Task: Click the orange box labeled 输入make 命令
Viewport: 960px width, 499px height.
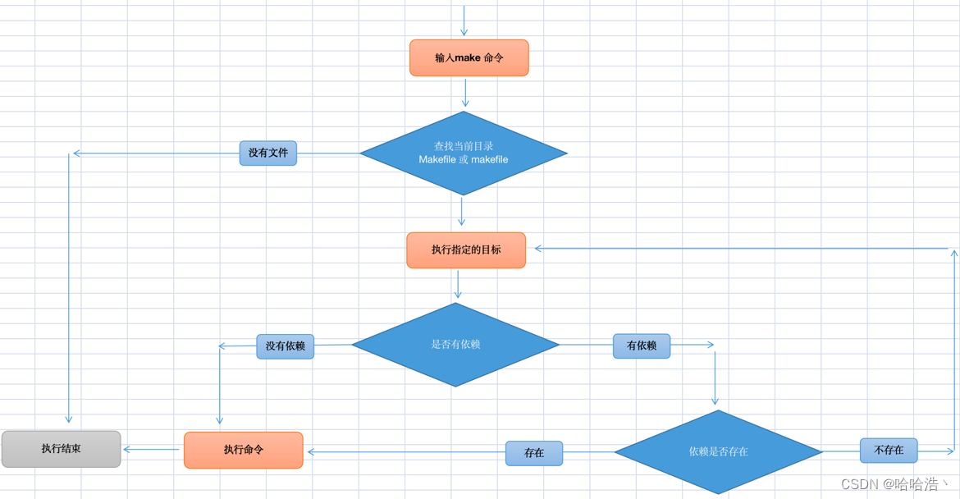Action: tap(469, 58)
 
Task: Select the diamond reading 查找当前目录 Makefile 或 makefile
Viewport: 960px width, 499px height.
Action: tap(464, 153)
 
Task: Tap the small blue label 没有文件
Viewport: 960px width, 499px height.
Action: tap(268, 153)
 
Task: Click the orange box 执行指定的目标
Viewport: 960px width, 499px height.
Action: tap(466, 249)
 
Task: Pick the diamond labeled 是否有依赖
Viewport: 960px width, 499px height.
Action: tap(455, 345)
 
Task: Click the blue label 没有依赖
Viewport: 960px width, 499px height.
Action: tap(285, 346)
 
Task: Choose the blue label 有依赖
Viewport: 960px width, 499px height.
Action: tap(642, 346)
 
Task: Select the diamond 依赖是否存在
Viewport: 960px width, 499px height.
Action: tap(718, 451)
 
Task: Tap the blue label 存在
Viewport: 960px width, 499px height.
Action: tap(534, 453)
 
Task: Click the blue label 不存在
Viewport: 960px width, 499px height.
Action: tap(889, 451)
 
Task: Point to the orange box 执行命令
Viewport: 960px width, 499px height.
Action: tap(244, 450)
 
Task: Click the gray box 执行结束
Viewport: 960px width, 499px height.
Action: tap(62, 449)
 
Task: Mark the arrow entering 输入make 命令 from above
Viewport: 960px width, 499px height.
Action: tap(464, 21)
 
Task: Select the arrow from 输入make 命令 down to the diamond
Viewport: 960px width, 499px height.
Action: tap(465, 93)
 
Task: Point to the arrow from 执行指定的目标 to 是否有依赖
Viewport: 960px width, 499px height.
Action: tap(458, 284)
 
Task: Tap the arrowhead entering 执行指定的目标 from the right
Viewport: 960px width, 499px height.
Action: tap(538, 248)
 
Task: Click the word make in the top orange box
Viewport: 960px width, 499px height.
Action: tap(468, 58)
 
